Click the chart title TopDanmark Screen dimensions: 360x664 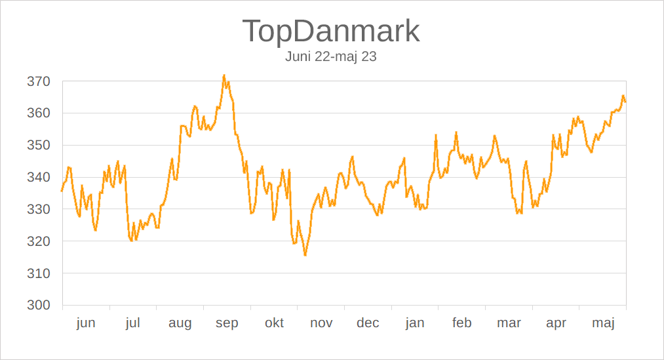click(331, 31)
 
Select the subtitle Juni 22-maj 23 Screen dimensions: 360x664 click(331, 56)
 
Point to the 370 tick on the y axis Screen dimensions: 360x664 click(39, 82)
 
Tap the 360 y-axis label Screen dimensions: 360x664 click(39, 113)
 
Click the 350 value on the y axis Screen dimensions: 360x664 click(39, 146)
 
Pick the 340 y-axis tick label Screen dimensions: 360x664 click(39, 178)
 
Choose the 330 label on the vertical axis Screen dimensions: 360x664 click(39, 210)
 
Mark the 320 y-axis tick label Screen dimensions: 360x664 click(39, 241)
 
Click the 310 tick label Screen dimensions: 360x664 click(39, 273)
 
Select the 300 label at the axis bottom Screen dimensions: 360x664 click(39, 306)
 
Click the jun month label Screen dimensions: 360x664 click(86, 323)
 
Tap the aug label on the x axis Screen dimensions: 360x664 click(180, 323)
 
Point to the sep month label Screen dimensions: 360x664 click(227, 323)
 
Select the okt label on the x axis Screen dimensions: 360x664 click(274, 323)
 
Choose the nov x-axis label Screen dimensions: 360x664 click(321, 323)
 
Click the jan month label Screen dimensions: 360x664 click(415, 323)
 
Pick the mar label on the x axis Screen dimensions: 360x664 click(509, 323)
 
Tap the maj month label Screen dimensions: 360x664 click(603, 323)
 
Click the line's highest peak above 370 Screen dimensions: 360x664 click(224, 75)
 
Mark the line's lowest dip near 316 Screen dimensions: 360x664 click(305, 254)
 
